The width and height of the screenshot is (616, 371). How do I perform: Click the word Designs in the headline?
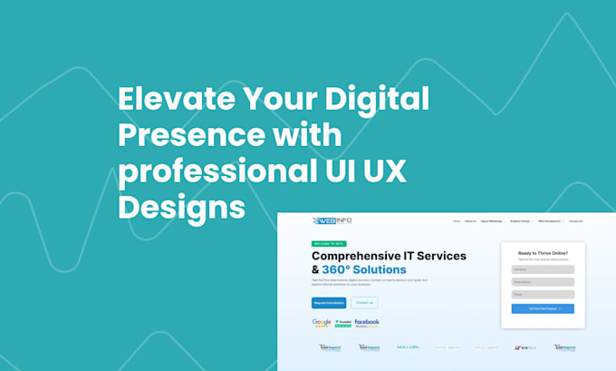(x=182, y=208)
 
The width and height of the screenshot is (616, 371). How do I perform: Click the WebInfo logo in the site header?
(x=332, y=220)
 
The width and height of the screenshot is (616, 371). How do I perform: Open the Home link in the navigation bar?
(x=457, y=220)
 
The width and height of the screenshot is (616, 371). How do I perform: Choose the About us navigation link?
(x=470, y=220)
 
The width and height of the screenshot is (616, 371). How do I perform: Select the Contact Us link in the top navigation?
(x=575, y=220)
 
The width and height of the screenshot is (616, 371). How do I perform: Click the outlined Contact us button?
(x=364, y=303)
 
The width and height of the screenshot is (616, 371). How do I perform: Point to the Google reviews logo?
(x=322, y=323)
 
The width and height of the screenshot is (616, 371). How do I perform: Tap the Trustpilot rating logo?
(x=343, y=323)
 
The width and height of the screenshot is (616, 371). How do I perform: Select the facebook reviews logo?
(x=367, y=323)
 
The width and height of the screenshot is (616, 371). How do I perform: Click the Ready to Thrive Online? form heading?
(x=543, y=253)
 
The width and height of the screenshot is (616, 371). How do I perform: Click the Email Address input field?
(x=543, y=282)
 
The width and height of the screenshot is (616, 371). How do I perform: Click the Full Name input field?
(x=543, y=269)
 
